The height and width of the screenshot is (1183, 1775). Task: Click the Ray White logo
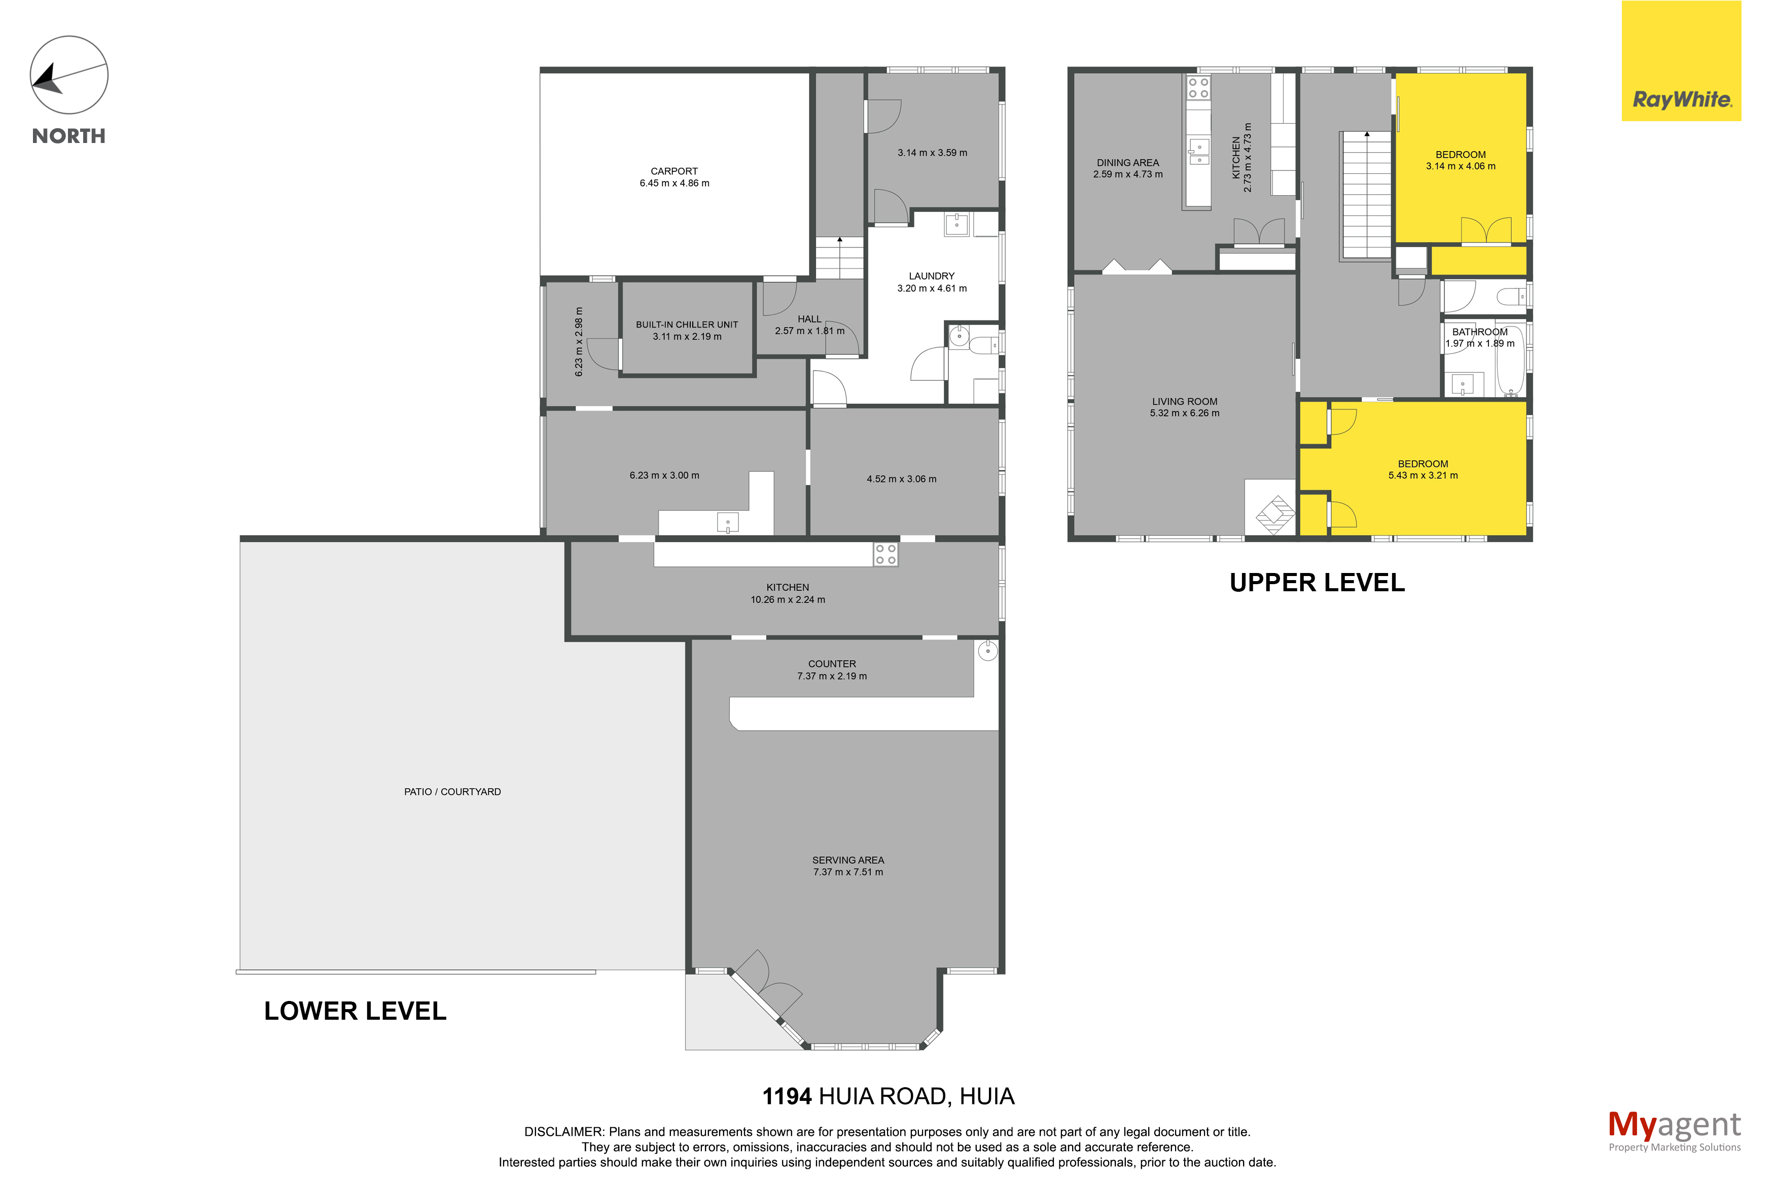pyautogui.click(x=1681, y=60)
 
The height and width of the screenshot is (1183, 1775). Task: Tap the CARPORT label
pyautogui.click(x=673, y=171)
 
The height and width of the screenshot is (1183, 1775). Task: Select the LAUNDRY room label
pyautogui.click(x=931, y=276)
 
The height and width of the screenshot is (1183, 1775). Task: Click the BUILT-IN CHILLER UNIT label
pyautogui.click(x=687, y=325)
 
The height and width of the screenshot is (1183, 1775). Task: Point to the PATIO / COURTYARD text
pyautogui.click(x=452, y=792)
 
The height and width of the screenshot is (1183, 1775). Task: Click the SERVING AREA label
pyautogui.click(x=848, y=860)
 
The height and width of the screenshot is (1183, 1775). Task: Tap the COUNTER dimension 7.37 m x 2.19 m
pyautogui.click(x=832, y=676)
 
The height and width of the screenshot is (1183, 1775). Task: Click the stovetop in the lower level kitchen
pyautogui.click(x=885, y=555)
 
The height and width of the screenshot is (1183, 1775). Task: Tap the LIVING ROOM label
pyautogui.click(x=1184, y=402)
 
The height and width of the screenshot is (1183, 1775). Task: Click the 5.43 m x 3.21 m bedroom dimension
pyautogui.click(x=1423, y=475)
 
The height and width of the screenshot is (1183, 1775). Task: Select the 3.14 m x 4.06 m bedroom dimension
pyautogui.click(x=1461, y=166)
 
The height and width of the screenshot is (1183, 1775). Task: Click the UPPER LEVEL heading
pyautogui.click(x=1317, y=583)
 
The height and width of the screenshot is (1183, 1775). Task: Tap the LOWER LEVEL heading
pyautogui.click(x=356, y=1011)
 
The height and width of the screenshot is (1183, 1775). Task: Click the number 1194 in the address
pyautogui.click(x=787, y=1096)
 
